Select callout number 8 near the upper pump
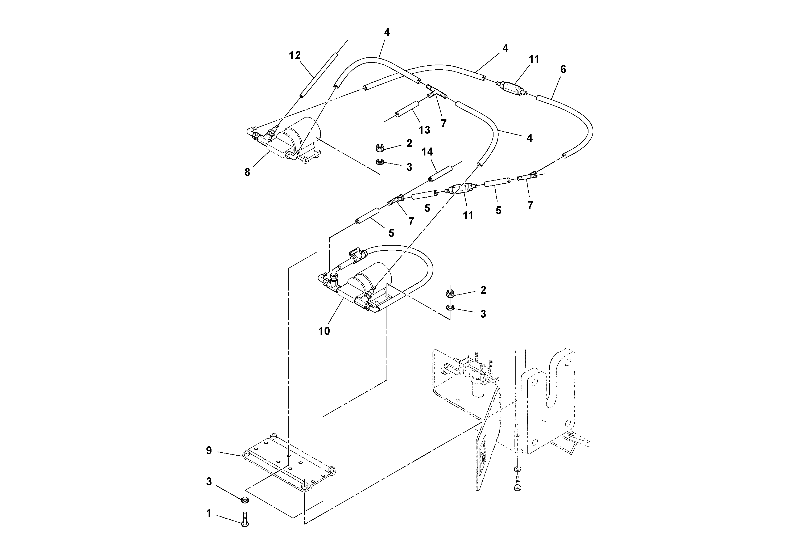pos(247,172)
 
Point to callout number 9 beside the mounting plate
pos(209,451)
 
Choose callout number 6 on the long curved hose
pos(563,70)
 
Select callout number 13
pos(424,130)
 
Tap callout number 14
pos(427,152)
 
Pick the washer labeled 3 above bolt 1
pos(244,500)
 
